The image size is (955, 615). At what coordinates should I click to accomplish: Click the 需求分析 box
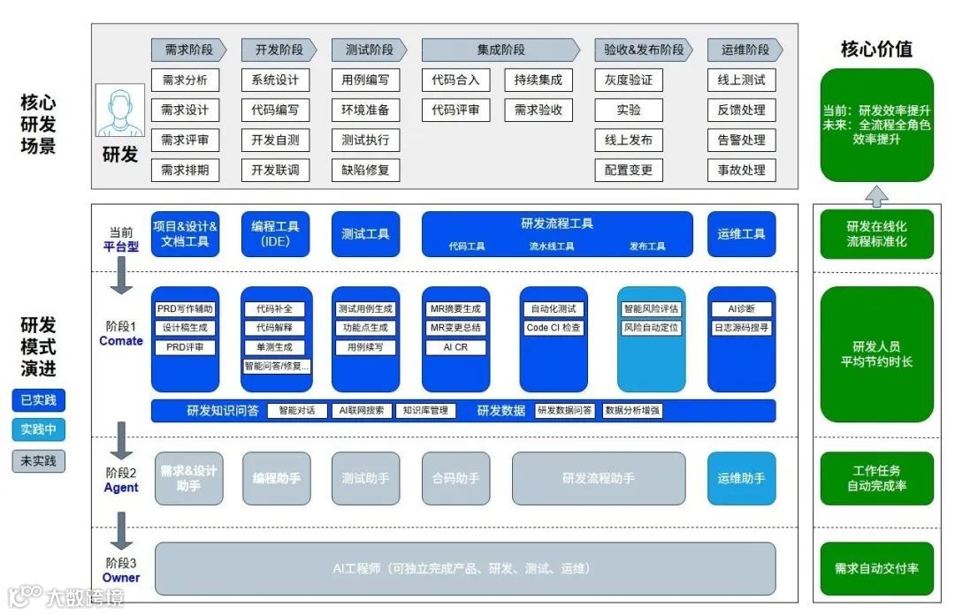point(185,80)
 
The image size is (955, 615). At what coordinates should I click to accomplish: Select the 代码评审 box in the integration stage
point(455,110)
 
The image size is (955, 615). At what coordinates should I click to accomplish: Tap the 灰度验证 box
point(629,80)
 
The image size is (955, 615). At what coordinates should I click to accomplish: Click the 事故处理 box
point(742,171)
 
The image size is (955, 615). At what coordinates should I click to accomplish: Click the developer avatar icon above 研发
point(119,111)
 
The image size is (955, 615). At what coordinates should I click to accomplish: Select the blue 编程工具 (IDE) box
point(276,234)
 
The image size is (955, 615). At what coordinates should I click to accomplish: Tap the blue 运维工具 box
point(741,234)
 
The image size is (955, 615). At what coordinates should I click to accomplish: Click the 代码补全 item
point(275,309)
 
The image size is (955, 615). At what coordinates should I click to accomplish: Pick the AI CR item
point(455,347)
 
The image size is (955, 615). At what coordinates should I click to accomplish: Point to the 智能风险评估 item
point(651,309)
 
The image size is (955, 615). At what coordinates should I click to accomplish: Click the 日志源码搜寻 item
point(741,328)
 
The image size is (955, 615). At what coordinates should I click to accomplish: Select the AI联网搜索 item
point(361,411)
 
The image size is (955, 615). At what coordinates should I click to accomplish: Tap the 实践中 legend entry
point(38,430)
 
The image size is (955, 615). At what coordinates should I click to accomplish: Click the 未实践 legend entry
point(38,460)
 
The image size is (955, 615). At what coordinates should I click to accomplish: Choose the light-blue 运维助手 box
point(741,478)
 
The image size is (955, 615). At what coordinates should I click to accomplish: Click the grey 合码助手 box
point(455,478)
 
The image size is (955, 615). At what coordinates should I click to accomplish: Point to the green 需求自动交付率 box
point(876,568)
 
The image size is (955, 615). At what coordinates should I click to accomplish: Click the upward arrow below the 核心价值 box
point(876,195)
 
